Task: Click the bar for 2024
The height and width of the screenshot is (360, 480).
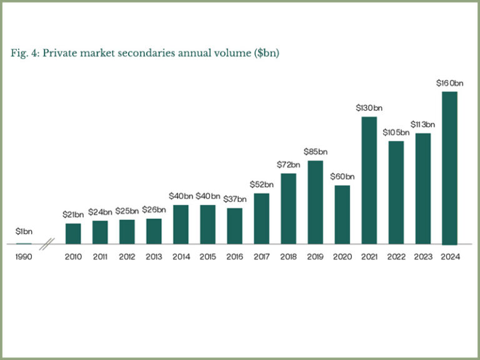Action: coord(449,168)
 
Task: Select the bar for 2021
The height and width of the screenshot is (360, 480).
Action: coord(369,181)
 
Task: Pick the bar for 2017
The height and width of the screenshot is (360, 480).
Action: coord(261,218)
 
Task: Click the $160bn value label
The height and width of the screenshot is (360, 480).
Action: coord(449,83)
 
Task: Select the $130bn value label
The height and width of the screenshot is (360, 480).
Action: coord(369,108)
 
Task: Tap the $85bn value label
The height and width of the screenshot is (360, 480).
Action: coord(315,152)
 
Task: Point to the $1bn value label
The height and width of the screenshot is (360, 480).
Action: coord(24,232)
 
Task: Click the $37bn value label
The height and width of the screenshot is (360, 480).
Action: coord(234,199)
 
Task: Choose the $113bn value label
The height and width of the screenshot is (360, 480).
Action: coord(422,124)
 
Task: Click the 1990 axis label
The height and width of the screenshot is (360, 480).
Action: coord(24,257)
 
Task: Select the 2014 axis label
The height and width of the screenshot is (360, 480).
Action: coord(181,257)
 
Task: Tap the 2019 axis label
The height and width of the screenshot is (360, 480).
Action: coord(315,257)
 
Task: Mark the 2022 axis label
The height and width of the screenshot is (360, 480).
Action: coord(396,257)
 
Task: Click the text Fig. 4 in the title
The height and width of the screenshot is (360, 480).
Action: coord(24,53)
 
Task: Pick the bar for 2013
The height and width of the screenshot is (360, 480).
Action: coord(154,231)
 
